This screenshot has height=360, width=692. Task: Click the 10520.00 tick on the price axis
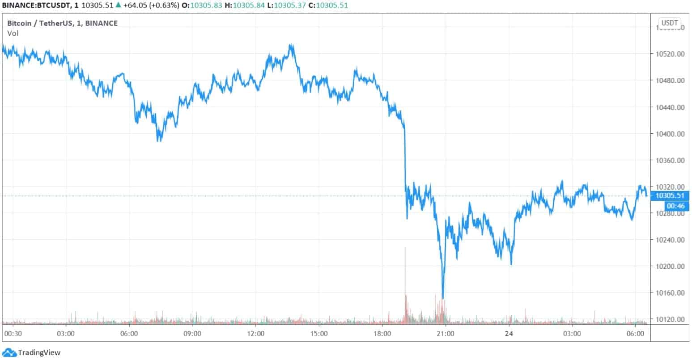[x=670, y=54]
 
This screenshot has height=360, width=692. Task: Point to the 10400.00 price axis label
[x=670, y=134]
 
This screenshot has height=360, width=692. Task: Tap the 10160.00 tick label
[x=670, y=293]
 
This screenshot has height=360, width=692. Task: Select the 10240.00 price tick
[x=670, y=240]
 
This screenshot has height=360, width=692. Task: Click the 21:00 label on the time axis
[x=446, y=334]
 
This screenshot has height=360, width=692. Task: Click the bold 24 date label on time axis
[x=508, y=334]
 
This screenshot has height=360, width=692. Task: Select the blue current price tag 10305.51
[x=670, y=195]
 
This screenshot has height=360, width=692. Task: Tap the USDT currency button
[x=670, y=23]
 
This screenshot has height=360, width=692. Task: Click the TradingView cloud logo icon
[x=9, y=352]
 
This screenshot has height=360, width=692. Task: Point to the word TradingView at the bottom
[x=39, y=353]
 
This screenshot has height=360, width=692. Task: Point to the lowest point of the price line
[x=442, y=298]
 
